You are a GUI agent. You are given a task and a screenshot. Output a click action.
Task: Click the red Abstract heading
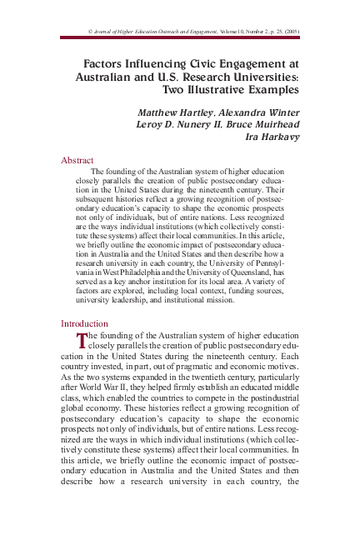[x=77, y=160]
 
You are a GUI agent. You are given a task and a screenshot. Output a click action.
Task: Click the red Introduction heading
[x=84, y=323]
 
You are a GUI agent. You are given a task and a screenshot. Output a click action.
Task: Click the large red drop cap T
[x=82, y=339]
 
